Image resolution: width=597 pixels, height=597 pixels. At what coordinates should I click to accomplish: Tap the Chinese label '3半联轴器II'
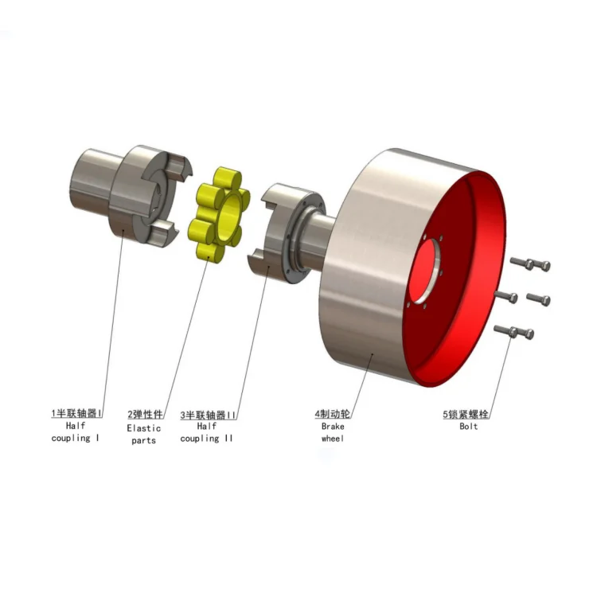click(209, 415)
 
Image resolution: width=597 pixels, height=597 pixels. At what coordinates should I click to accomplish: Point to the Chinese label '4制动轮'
click(333, 414)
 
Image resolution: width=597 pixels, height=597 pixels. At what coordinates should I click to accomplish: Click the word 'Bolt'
click(469, 427)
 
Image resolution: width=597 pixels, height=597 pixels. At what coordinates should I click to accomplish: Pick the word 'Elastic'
click(144, 427)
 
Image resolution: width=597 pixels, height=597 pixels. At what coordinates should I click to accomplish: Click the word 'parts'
click(144, 440)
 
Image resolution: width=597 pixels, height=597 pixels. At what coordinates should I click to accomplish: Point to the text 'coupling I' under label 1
click(75, 439)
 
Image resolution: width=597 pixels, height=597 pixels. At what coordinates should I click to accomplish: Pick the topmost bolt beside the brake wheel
click(529, 263)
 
